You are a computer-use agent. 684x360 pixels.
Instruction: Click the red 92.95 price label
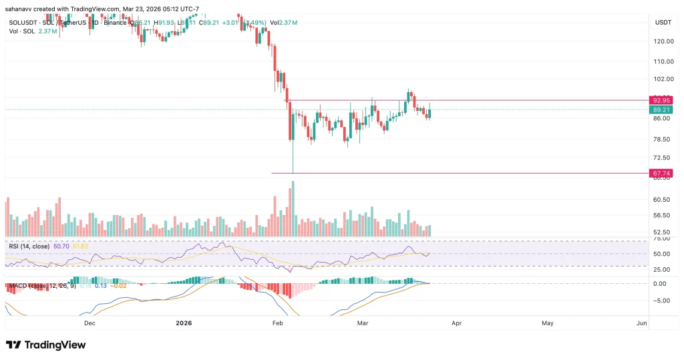tap(662, 100)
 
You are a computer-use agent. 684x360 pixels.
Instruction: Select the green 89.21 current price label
tap(662, 110)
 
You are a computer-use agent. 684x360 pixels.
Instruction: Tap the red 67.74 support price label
tap(662, 173)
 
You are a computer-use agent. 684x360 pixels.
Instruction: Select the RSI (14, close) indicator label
tap(27, 246)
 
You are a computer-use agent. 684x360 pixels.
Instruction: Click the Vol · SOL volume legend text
tap(23, 31)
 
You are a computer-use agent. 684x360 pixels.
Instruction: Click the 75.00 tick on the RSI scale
tap(661, 238)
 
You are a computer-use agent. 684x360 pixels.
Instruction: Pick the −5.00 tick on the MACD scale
tap(661, 300)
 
